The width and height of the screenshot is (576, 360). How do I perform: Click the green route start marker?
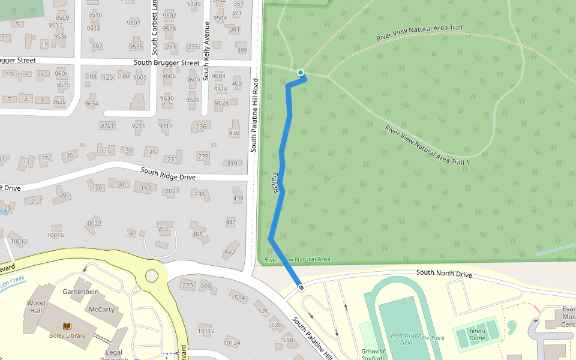tap(301, 73)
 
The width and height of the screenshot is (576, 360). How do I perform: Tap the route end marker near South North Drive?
tap(301, 287)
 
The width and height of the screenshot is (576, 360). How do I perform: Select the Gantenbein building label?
tap(80, 292)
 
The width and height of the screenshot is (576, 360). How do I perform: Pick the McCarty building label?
tap(101, 310)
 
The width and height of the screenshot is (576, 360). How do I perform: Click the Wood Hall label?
tap(35, 307)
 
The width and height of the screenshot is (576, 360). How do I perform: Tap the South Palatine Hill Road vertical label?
tap(254, 115)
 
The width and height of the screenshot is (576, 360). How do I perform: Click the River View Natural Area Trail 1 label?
tap(427, 146)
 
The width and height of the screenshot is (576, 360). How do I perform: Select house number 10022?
tap(93, 223)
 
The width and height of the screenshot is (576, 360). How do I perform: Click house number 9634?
tap(91, 104)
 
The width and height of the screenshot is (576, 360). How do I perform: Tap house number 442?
tap(231, 223)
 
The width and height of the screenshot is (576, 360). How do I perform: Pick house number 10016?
tap(55, 235)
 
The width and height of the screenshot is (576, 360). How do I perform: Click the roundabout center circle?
tap(151, 275)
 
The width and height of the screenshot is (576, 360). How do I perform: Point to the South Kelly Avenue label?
tap(206, 51)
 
